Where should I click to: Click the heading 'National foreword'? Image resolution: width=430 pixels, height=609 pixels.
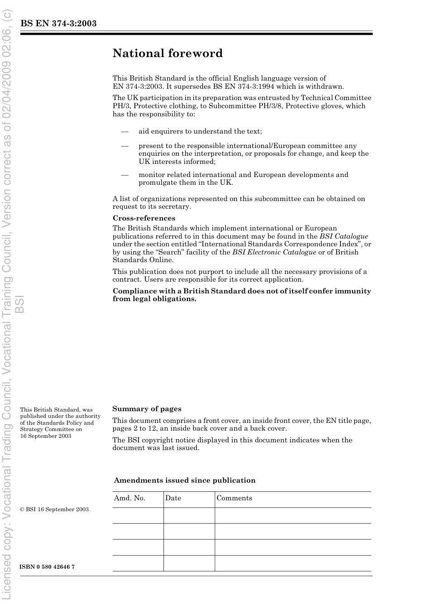[x=167, y=53]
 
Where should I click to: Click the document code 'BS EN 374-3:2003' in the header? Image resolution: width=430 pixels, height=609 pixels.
[x=58, y=24]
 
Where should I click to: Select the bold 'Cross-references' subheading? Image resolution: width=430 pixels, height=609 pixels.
[x=143, y=218]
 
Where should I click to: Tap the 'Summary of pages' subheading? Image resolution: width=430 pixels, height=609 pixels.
[x=147, y=409]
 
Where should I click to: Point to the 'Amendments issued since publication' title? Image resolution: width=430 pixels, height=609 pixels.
[x=185, y=480]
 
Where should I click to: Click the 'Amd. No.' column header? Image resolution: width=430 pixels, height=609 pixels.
[x=129, y=498]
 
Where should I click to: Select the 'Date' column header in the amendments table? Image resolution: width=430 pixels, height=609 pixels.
[x=173, y=498]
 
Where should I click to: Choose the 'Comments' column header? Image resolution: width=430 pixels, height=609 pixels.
[x=234, y=498]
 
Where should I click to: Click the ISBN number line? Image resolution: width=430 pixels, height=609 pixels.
[x=47, y=567]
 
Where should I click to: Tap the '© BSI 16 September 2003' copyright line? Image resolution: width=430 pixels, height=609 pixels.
[x=54, y=509]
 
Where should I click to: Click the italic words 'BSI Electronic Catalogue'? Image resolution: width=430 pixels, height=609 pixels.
[x=274, y=252]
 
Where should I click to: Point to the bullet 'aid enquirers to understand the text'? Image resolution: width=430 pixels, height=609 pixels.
[x=200, y=131]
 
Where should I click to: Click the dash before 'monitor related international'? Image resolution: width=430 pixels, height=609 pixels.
[x=124, y=175]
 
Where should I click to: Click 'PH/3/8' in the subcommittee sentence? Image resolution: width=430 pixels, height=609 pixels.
[x=270, y=106]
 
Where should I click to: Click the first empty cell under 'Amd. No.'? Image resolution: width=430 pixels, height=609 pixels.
[x=138, y=515]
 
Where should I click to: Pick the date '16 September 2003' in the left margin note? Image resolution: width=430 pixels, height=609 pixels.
[x=46, y=436]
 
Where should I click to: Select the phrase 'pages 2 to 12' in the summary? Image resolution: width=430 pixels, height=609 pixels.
[x=134, y=428]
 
